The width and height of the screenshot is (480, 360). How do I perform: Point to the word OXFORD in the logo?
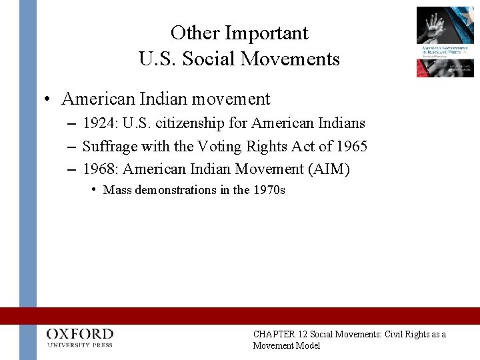80,334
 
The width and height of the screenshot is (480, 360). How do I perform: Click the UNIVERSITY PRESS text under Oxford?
80,345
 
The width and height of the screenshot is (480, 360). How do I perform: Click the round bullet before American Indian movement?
48,100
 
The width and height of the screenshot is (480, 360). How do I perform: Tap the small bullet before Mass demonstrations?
95,189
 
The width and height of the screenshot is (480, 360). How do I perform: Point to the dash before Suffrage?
72,146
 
